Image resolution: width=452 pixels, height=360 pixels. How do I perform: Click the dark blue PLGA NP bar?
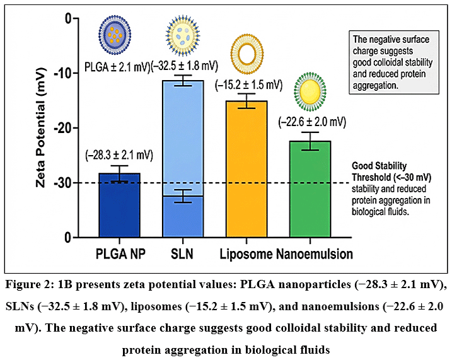pyautogui.click(x=119, y=205)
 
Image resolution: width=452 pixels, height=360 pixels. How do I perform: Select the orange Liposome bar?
pyautogui.click(x=246, y=169)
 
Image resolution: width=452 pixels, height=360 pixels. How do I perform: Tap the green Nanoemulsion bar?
pyautogui.click(x=310, y=189)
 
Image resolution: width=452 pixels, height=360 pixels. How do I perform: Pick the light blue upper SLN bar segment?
pyautogui.click(x=183, y=138)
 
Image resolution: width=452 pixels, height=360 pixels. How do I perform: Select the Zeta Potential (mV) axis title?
pyautogui.click(x=41, y=127)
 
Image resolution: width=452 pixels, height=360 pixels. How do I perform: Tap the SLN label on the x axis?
pyautogui.click(x=182, y=254)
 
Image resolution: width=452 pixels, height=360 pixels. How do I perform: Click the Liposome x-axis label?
pyautogui.click(x=246, y=254)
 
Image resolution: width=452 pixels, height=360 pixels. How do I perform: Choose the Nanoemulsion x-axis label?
pyautogui.click(x=315, y=254)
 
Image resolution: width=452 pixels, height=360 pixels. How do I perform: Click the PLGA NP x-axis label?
pyautogui.click(x=120, y=254)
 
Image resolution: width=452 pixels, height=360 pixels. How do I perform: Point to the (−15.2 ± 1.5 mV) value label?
pyautogui.click(x=249, y=85)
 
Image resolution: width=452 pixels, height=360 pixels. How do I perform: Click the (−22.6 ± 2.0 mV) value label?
pyautogui.click(x=312, y=122)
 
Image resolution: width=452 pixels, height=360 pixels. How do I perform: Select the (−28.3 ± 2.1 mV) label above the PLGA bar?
pyautogui.click(x=119, y=155)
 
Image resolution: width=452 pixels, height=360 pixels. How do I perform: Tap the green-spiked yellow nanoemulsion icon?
pyautogui.click(x=310, y=92)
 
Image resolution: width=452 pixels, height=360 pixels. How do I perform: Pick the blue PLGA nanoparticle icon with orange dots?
pyautogui.click(x=115, y=35)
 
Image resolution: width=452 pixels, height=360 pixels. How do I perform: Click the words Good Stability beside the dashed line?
pyautogui.click(x=379, y=166)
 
